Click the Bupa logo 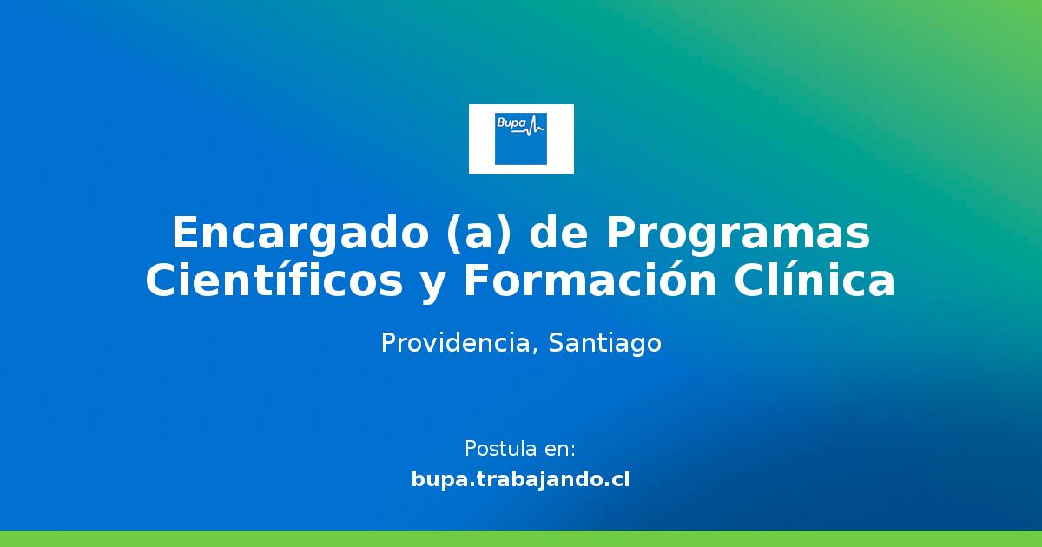[521, 138]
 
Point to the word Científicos [274, 282]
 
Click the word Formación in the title [589, 282]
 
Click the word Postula [500, 450]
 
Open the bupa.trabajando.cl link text [521, 479]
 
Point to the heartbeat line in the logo [536, 128]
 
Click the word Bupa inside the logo [511, 124]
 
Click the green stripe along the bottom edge [521, 538]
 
